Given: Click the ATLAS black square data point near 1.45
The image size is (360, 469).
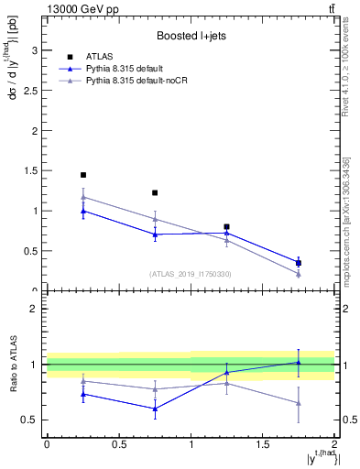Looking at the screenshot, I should pos(83,175).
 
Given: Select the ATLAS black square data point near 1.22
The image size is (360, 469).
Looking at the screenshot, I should pos(155,193).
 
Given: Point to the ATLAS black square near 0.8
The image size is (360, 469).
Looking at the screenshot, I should pos(227,226).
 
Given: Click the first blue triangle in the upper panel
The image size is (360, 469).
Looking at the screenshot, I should pos(83,211).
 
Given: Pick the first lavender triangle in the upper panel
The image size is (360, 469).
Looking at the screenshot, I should pos(83,197).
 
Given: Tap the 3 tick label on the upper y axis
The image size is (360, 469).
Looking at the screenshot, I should pos(33,49).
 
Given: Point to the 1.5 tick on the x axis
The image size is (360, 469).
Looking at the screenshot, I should pos(263,444).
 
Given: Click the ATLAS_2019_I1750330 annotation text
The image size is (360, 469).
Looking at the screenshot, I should pos(190,274).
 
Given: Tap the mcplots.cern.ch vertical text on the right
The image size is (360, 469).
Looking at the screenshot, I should pos(345,215).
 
